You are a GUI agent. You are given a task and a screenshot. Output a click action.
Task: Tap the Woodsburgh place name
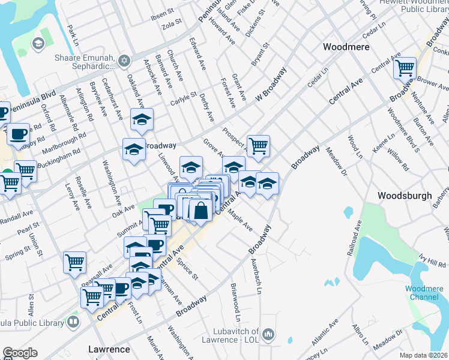(x=405, y=196)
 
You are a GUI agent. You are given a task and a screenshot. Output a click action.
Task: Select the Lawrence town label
(x=109, y=349)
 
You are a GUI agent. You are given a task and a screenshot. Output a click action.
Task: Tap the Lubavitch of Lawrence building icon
(x=268, y=334)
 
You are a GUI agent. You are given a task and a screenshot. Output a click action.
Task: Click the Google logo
(x=20, y=353)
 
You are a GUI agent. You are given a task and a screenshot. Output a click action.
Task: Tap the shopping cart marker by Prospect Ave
(x=258, y=145)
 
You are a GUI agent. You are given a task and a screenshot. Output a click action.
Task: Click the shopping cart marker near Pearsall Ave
(x=74, y=261)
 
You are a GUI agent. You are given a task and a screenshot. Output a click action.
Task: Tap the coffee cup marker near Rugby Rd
(x=18, y=133)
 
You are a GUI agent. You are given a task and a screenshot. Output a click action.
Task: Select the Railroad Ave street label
(x=354, y=239)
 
